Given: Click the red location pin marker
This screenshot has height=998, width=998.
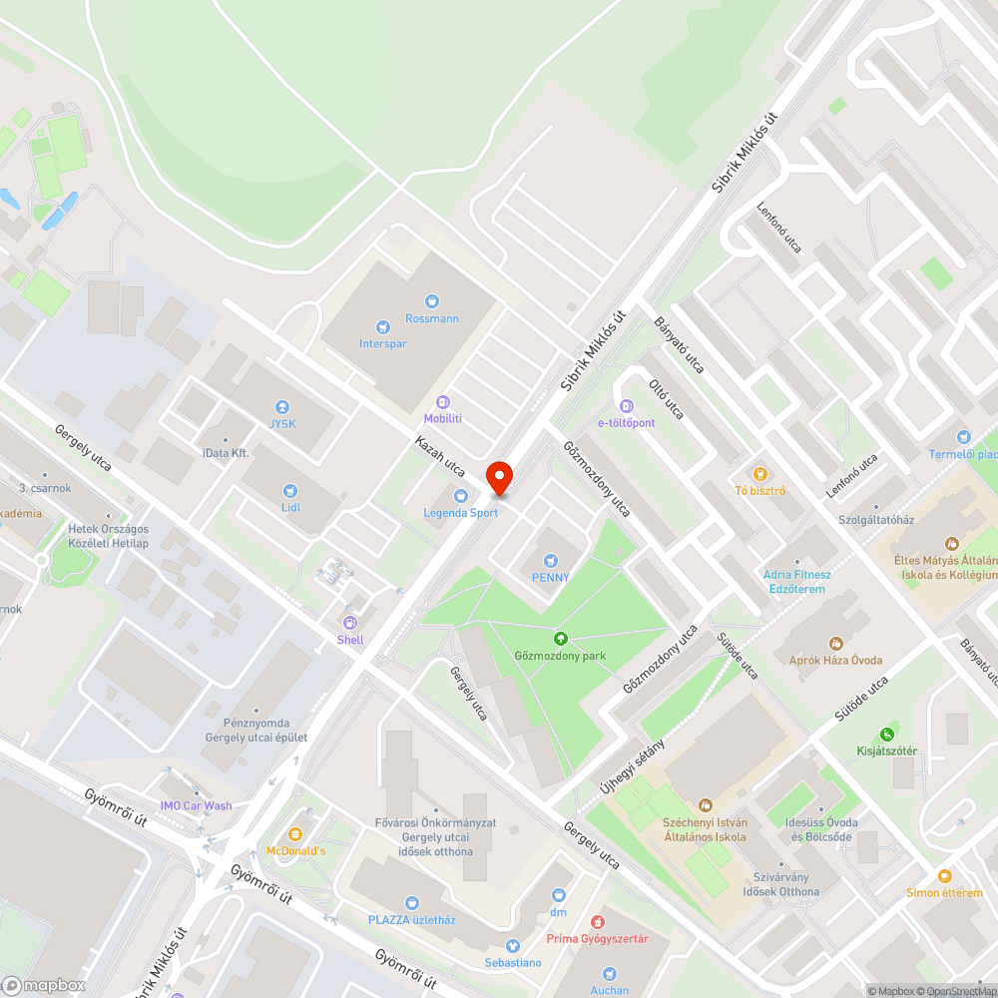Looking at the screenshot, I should pyautogui.click(x=498, y=479).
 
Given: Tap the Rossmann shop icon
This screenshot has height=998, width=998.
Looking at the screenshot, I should pyautogui.click(x=432, y=300).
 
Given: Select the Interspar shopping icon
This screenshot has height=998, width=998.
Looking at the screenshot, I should pyautogui.click(x=382, y=326).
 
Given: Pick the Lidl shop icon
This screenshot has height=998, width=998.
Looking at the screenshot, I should pyautogui.click(x=290, y=490).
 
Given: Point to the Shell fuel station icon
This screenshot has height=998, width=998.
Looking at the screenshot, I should pyautogui.click(x=350, y=623).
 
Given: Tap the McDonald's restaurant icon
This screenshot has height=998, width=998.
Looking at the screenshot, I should pyautogui.click(x=295, y=833).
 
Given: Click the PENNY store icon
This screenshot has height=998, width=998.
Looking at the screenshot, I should pyautogui.click(x=551, y=561).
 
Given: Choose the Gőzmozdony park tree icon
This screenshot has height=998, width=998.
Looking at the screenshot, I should pyautogui.click(x=560, y=639).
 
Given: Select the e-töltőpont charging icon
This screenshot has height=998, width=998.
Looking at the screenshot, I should pyautogui.click(x=627, y=406).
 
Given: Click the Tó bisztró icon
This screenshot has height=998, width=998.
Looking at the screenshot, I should pyautogui.click(x=760, y=473).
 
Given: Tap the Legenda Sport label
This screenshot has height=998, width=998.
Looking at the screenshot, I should pyautogui.click(x=460, y=513).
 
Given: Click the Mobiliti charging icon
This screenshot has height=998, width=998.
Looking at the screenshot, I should pyautogui.click(x=442, y=401).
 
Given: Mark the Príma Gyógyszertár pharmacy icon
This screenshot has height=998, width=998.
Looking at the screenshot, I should pyautogui.click(x=598, y=922).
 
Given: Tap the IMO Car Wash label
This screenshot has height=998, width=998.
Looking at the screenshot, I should pyautogui.click(x=196, y=805).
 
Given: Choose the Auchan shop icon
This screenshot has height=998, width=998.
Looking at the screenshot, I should pyautogui.click(x=609, y=974).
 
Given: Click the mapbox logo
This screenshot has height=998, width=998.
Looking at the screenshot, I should pyautogui.click(x=44, y=985).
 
